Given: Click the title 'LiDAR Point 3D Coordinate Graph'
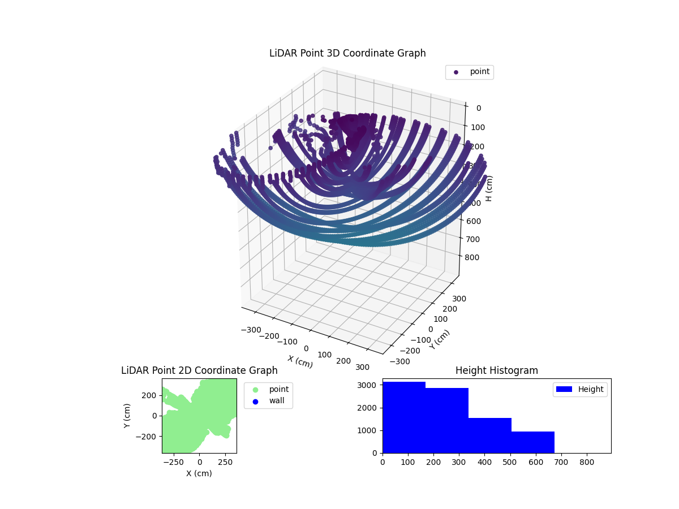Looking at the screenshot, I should pos(347,53).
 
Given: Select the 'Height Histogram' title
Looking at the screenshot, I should pos(496,370).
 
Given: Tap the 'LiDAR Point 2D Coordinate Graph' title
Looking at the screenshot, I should pos(199,370).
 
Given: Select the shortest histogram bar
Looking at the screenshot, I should pos(532,442).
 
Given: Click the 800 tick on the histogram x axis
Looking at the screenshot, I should pos(587,461).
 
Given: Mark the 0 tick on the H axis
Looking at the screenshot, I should pos(479,109).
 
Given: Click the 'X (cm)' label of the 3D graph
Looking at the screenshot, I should pos(300,362).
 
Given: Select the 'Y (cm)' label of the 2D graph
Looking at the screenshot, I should pos(127,415).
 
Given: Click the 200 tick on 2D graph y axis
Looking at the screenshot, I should pos(149,395).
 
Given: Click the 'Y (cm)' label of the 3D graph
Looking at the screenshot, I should pos(440,339).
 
